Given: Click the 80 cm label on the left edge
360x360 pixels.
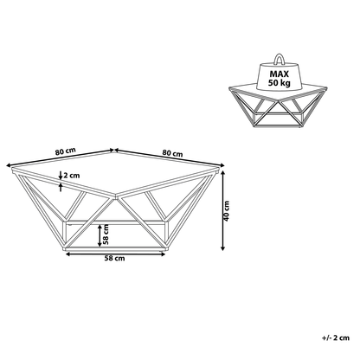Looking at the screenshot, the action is click(66, 151).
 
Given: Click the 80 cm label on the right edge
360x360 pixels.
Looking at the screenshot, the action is click(172, 152).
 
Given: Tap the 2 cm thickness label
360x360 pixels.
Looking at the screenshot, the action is click(72, 176).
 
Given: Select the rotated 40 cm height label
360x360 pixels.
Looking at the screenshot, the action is click(227, 211).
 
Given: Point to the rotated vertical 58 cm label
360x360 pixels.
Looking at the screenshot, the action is click(106, 235).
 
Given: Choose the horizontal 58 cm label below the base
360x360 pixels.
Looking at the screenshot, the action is click(114, 258).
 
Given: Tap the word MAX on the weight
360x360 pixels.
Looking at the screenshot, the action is click(280, 74).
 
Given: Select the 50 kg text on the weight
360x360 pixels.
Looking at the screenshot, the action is click(280, 83).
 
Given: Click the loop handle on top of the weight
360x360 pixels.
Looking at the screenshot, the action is click(280, 60).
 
